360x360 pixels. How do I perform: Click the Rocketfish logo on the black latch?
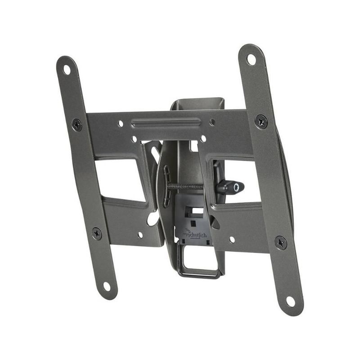pyautogui.click(x=196, y=235)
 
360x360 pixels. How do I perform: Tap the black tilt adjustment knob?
pyautogui.click(x=230, y=187)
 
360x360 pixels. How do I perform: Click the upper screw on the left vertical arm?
pyautogui.click(x=77, y=125)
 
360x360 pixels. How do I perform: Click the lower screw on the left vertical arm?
pyautogui.click(x=97, y=234)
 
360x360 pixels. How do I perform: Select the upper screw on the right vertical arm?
pyautogui.click(x=261, y=121)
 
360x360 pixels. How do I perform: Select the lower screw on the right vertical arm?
pyautogui.click(x=281, y=243)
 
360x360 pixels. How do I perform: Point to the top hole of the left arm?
pyautogui.click(x=67, y=70)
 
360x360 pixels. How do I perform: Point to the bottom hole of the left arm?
pyautogui.click(x=107, y=287)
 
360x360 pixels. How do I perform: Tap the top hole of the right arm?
pyautogui.click(x=251, y=59)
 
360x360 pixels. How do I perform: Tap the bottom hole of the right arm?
pyautogui.click(x=290, y=301)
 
